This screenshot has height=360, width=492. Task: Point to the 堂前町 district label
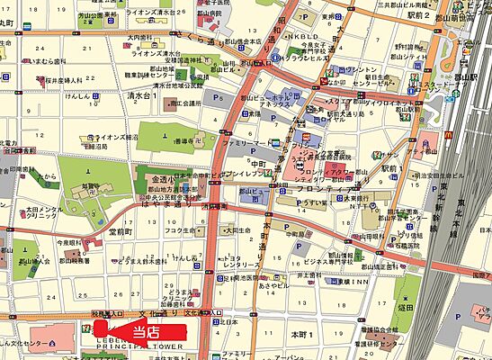click(123, 231)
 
